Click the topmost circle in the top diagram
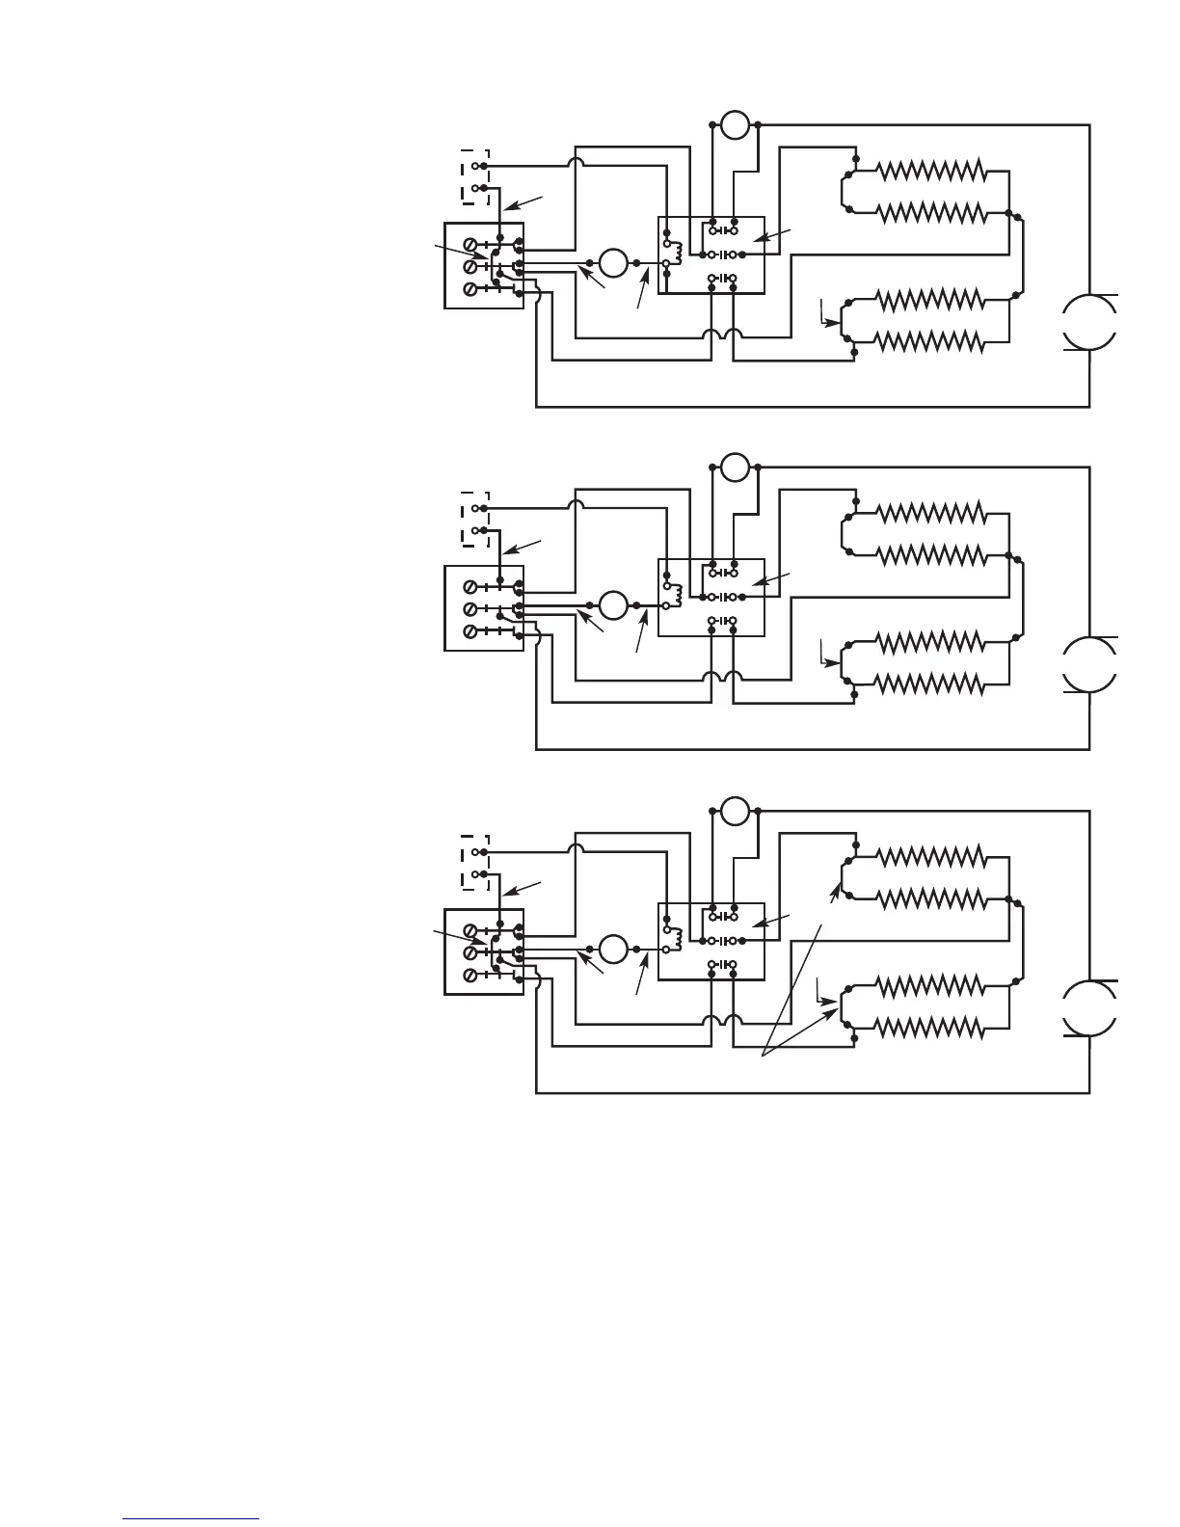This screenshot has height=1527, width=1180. [735, 124]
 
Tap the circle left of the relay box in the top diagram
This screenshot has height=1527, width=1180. [613, 262]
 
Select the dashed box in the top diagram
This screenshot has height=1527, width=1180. [475, 177]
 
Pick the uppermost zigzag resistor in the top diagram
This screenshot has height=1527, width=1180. [931, 171]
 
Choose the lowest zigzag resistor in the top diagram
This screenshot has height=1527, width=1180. [931, 341]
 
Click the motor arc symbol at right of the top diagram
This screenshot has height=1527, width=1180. [1090, 322]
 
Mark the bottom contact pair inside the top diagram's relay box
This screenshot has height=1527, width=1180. [722, 279]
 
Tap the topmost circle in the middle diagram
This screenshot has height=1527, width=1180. [735, 468]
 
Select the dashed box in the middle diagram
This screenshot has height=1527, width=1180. [475, 520]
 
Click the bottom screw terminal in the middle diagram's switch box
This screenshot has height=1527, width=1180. [469, 631]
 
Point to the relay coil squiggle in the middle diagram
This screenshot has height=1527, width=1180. [677, 595]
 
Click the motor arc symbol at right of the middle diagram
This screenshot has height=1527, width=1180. [1090, 665]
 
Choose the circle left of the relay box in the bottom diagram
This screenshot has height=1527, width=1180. [613, 950]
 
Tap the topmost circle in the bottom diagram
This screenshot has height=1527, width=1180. [735, 811]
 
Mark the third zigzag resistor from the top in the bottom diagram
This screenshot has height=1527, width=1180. [931, 984]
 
